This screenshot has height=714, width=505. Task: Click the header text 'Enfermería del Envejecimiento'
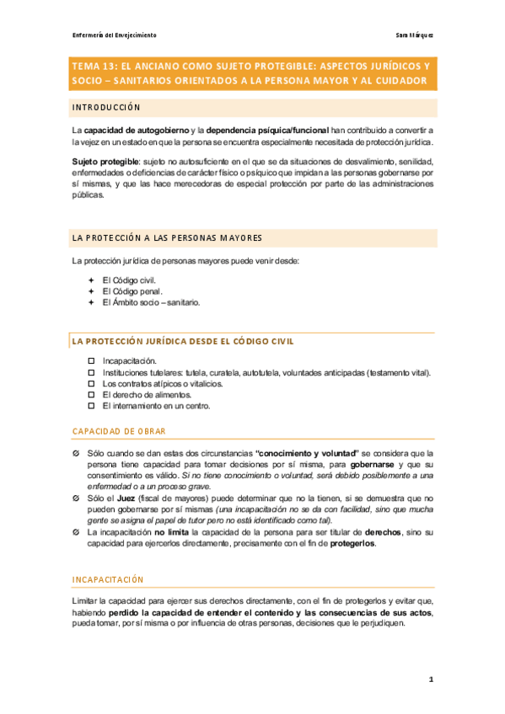click(x=114, y=35)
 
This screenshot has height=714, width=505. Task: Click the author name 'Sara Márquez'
click(x=414, y=35)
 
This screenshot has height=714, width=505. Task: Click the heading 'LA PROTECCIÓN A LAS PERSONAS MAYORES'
click(x=168, y=237)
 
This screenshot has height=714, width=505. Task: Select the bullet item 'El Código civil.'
click(x=128, y=280)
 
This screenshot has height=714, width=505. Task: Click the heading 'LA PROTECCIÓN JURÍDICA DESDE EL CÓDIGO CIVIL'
click(x=183, y=341)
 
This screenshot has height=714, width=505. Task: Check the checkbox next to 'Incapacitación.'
click(x=92, y=360)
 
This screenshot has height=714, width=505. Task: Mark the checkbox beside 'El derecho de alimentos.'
click(x=92, y=394)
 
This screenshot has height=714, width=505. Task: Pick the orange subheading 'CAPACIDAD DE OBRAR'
click(x=119, y=431)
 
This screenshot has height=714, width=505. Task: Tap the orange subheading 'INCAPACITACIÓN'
click(x=109, y=579)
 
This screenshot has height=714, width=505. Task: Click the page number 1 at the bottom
click(x=430, y=679)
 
